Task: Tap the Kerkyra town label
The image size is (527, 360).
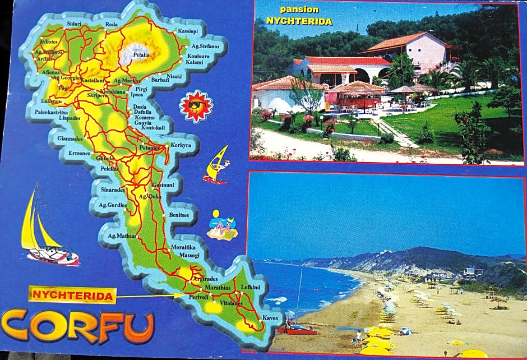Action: tap(181, 145)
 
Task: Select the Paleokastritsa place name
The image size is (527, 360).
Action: tap(51, 112)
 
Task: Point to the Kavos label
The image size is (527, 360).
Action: tap(270, 318)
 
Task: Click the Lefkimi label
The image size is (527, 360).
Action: tap(251, 287)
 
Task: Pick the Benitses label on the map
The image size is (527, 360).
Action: tap(179, 215)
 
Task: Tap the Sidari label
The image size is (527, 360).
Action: tap(74, 24)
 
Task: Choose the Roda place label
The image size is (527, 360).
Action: tap(112, 24)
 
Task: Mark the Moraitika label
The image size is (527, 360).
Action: tap(183, 247)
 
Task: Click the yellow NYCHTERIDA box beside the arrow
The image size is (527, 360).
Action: tap(73, 294)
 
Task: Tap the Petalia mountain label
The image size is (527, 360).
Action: tap(141, 56)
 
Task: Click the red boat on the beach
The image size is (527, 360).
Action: tap(297, 330)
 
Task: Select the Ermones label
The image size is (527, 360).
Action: tap(79, 153)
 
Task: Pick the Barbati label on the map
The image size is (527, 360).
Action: tap(160, 80)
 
